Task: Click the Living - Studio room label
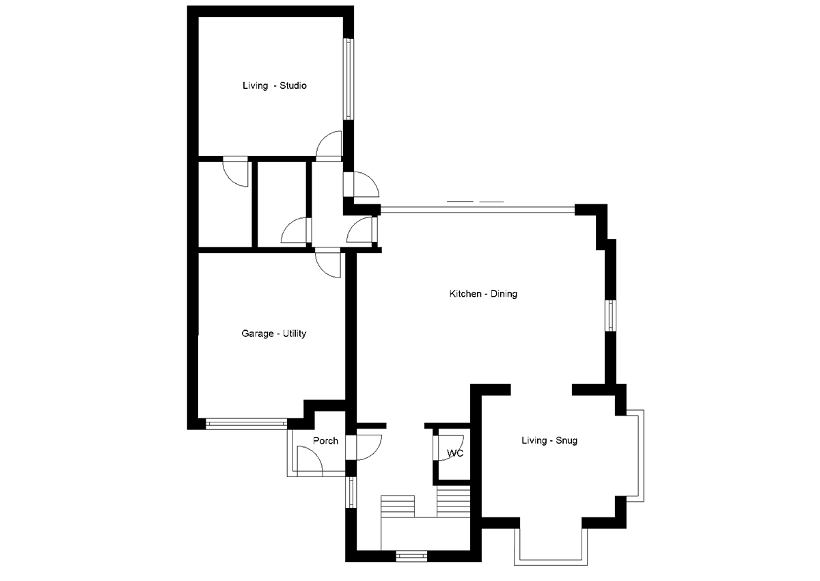[275, 86]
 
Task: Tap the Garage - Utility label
[273, 334]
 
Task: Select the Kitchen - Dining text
[483, 294]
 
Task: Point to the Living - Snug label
[549, 441]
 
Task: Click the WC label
[455, 453]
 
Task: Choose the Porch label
[325, 441]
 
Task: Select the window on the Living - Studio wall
[348, 79]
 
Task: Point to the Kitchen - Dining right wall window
[610, 316]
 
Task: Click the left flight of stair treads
[398, 506]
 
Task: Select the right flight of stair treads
[454, 502]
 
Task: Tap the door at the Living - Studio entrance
[329, 145]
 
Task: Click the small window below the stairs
[411, 556]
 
